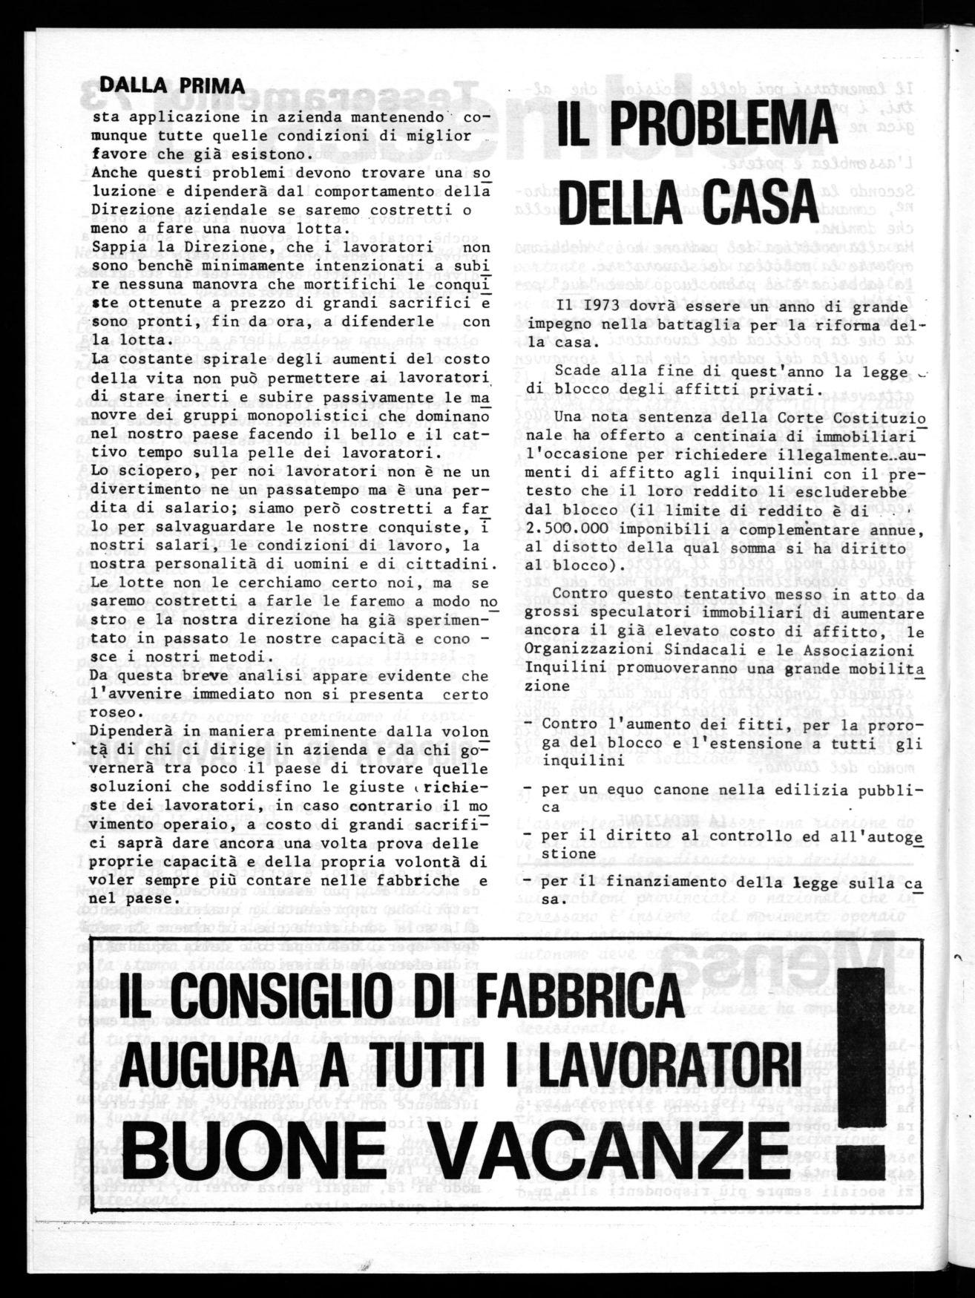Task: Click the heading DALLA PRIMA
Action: pyautogui.click(x=171, y=86)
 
